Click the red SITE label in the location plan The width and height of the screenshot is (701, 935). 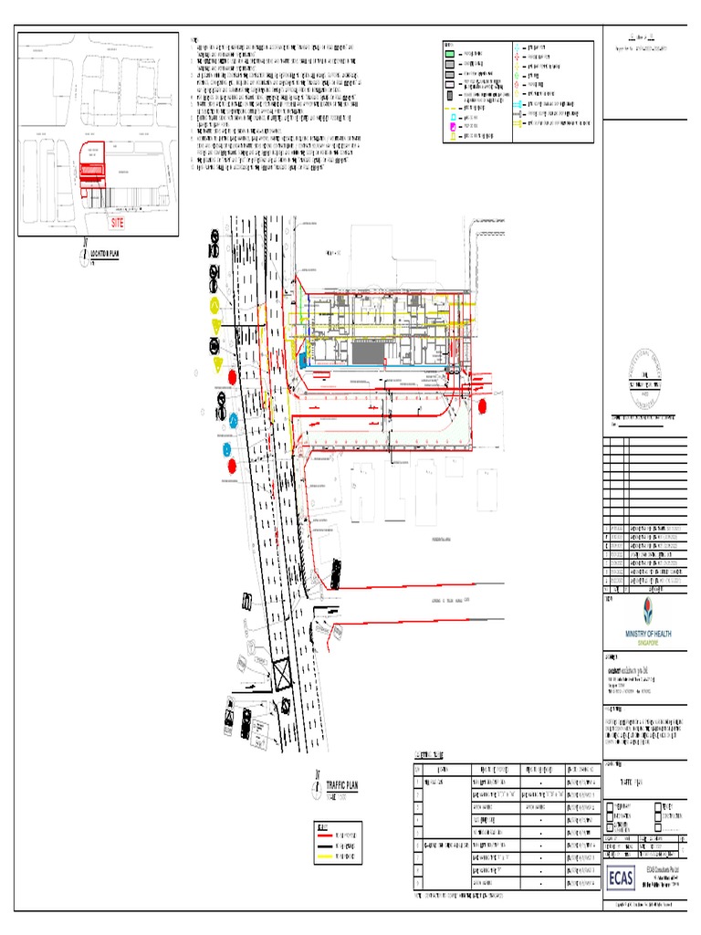click(x=116, y=222)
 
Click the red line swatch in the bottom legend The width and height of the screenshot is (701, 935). click(x=325, y=835)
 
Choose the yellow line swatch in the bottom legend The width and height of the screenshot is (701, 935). click(x=325, y=856)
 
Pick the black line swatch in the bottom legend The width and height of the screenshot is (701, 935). click(x=325, y=846)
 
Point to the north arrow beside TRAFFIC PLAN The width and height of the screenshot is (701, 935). click(x=316, y=784)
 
